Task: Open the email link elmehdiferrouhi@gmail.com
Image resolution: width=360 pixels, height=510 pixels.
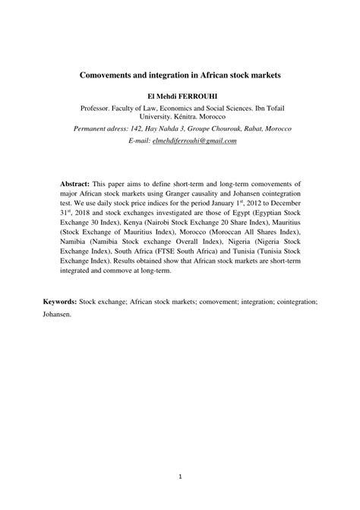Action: click(x=194, y=141)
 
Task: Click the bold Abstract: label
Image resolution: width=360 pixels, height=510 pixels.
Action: click(x=75, y=185)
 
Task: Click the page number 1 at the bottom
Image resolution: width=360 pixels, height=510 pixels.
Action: click(x=179, y=477)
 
